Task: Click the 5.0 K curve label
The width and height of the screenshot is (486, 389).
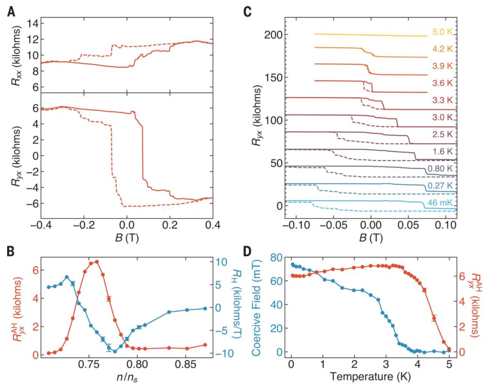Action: click(x=443, y=32)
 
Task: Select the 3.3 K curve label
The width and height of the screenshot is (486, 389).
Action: click(x=443, y=100)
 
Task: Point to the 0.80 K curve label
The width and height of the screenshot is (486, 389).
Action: click(x=440, y=169)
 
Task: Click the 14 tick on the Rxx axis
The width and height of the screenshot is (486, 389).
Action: click(x=29, y=22)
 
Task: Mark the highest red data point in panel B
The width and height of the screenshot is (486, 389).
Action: click(x=97, y=261)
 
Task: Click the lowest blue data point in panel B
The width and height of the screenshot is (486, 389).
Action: click(x=115, y=351)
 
